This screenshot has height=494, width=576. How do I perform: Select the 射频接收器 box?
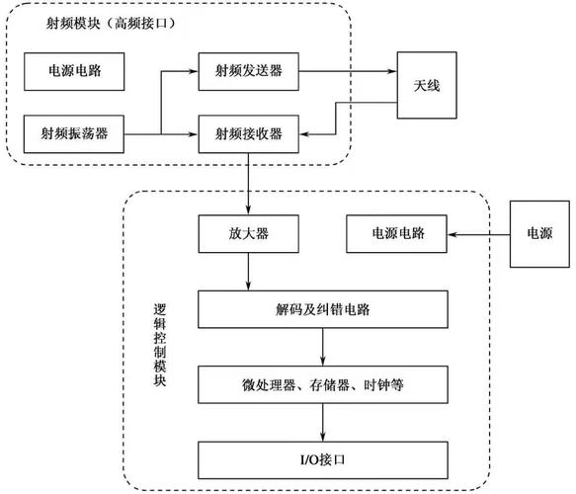tap(249, 132)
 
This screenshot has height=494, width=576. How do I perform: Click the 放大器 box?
tap(249, 235)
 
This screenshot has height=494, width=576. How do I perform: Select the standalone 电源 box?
tap(538, 235)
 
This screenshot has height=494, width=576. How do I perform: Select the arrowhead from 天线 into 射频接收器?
tap(304, 132)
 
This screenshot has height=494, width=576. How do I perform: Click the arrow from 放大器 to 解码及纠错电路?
tap(249, 272)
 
